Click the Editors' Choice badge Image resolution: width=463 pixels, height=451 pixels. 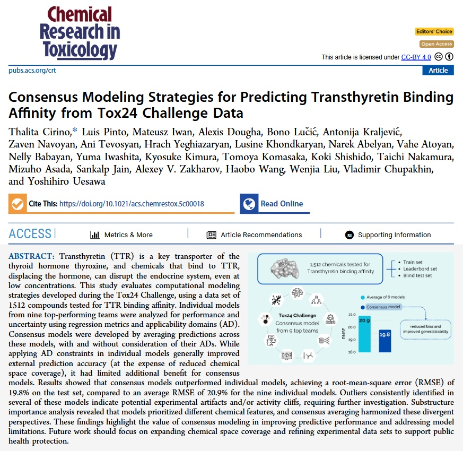tap(434, 32)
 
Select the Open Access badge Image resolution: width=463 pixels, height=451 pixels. tap(436, 44)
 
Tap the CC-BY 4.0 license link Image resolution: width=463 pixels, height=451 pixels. tap(416, 57)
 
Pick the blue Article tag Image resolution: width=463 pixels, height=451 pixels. tap(438, 71)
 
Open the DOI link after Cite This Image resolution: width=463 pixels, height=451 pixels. tap(132, 204)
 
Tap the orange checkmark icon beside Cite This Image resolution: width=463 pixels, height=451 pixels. tap(18, 204)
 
